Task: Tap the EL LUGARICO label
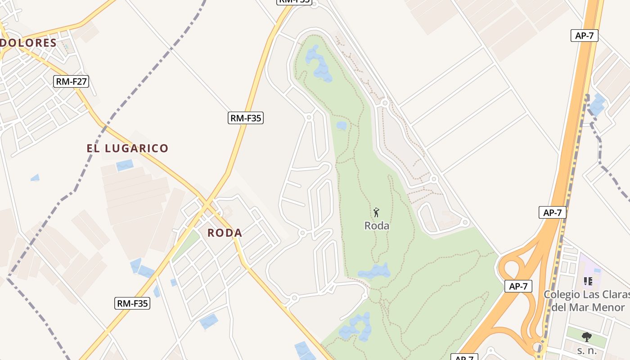click(x=127, y=148)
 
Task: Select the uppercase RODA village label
click(x=225, y=233)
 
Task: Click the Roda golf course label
click(x=377, y=226)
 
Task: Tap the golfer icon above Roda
click(x=377, y=212)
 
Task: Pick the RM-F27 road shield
click(x=71, y=81)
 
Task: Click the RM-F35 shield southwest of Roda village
click(x=132, y=303)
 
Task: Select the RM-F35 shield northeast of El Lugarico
click(x=245, y=118)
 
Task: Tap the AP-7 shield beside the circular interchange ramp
click(x=518, y=286)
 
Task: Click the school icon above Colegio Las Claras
click(x=588, y=281)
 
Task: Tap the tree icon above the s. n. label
click(x=586, y=337)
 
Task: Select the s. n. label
click(x=586, y=350)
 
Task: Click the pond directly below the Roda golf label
click(x=374, y=271)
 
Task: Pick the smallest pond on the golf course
click(x=342, y=125)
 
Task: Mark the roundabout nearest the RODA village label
click(x=302, y=233)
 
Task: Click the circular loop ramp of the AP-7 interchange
click(x=510, y=270)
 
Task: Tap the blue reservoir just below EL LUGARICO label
click(x=125, y=165)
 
